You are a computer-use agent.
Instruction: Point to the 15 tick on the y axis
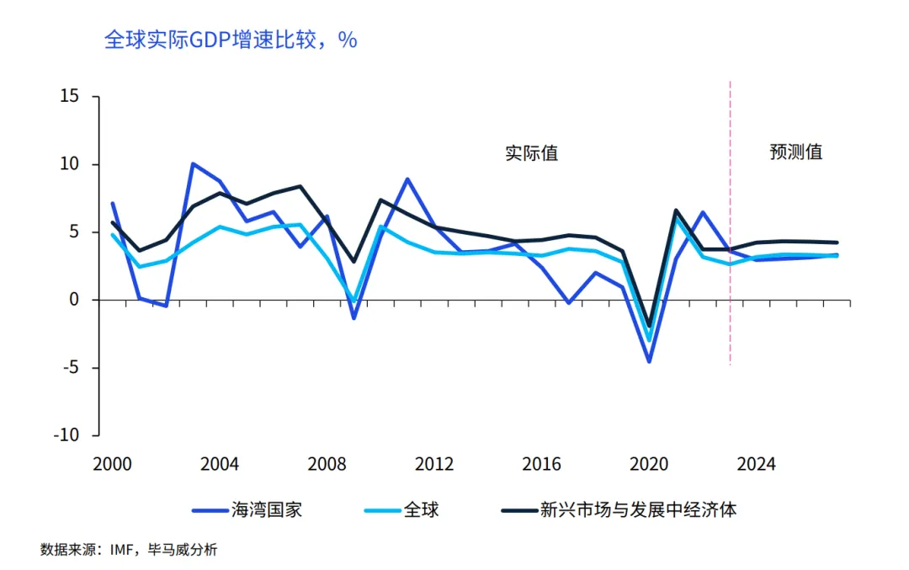coord(69,97)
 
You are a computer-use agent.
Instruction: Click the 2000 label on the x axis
coord(113,465)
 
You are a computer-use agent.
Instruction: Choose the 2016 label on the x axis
coord(542,465)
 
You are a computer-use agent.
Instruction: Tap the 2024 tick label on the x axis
coord(757,465)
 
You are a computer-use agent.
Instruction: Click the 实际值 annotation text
coord(531,153)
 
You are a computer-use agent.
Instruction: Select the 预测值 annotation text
coord(795,152)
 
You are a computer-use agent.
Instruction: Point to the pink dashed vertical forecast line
coord(730,253)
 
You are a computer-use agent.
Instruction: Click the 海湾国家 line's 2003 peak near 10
coord(194,163)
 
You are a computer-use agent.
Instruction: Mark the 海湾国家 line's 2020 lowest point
coord(649,361)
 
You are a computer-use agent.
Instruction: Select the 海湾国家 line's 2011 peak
coord(407,179)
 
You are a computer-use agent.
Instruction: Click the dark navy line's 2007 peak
coord(300,186)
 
